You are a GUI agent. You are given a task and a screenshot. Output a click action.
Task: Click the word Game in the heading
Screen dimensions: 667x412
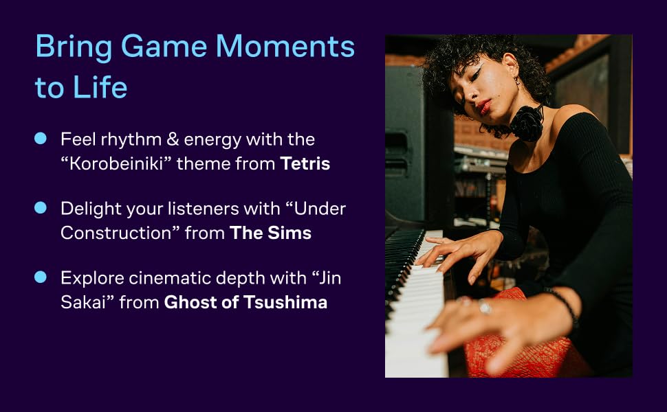164,46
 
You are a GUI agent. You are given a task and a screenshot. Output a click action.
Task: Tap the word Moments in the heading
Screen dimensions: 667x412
285,46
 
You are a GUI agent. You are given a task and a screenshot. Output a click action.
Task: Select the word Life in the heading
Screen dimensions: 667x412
100,87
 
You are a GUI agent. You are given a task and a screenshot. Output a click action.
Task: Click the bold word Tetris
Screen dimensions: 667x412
305,163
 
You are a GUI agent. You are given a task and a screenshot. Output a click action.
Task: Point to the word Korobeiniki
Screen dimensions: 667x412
116,163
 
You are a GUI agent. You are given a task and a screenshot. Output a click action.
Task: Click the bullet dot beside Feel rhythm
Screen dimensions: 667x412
41,139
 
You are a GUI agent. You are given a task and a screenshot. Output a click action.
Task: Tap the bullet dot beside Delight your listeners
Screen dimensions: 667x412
41,207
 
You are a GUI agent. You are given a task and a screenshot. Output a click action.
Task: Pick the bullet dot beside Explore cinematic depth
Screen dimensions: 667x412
41,277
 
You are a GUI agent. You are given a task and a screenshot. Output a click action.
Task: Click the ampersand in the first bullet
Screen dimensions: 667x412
173,139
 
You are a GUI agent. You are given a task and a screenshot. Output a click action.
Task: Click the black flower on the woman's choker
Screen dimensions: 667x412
527,123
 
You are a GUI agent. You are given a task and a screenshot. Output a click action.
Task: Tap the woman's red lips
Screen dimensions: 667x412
483,106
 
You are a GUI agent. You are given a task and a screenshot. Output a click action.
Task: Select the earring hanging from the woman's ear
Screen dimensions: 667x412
517,81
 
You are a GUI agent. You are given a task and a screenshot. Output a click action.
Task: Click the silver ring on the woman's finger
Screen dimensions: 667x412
484,306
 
